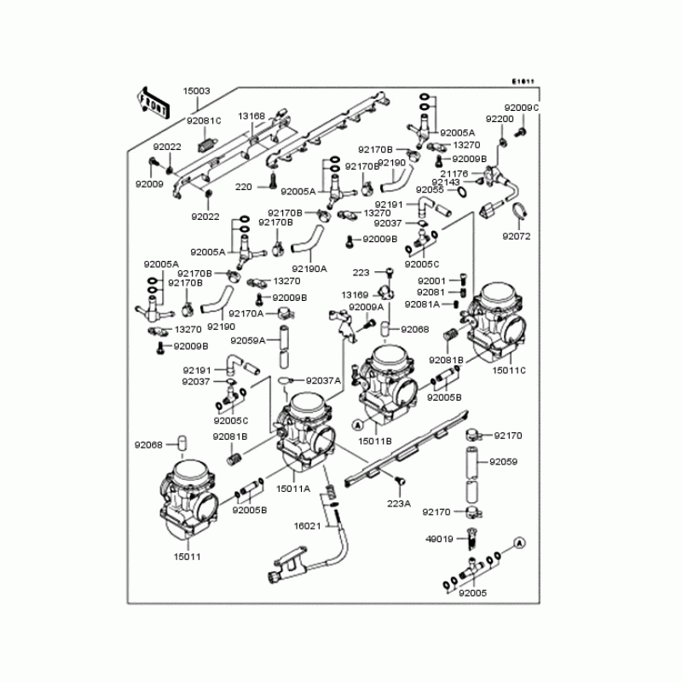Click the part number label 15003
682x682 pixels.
(x=196, y=90)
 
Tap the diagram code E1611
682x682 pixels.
(x=522, y=82)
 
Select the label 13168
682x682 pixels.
(x=251, y=116)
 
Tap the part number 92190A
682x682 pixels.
(x=309, y=268)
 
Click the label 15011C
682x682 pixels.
(x=510, y=370)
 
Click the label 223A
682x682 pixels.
(x=398, y=504)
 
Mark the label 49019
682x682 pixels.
(x=439, y=539)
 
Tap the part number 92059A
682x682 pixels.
(x=248, y=340)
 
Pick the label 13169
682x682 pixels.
(x=354, y=294)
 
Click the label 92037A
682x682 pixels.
(x=323, y=380)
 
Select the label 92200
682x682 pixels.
(x=500, y=118)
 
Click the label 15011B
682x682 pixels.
(x=374, y=441)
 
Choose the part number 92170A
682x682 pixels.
(x=246, y=313)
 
